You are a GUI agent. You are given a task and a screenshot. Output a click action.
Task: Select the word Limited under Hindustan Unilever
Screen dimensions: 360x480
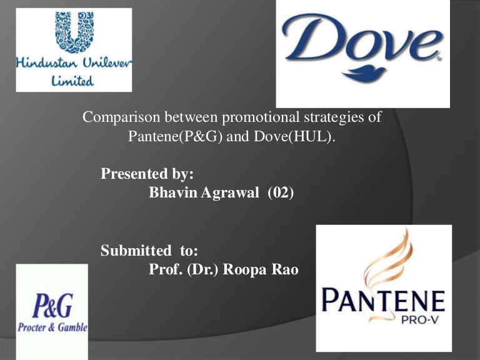tap(73, 81)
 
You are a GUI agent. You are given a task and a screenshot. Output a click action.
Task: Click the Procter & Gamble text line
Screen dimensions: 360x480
tap(53, 327)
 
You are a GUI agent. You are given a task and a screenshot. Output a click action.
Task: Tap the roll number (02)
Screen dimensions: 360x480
tap(281, 193)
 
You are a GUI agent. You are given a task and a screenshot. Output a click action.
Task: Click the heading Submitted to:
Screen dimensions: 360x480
tap(149, 251)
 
